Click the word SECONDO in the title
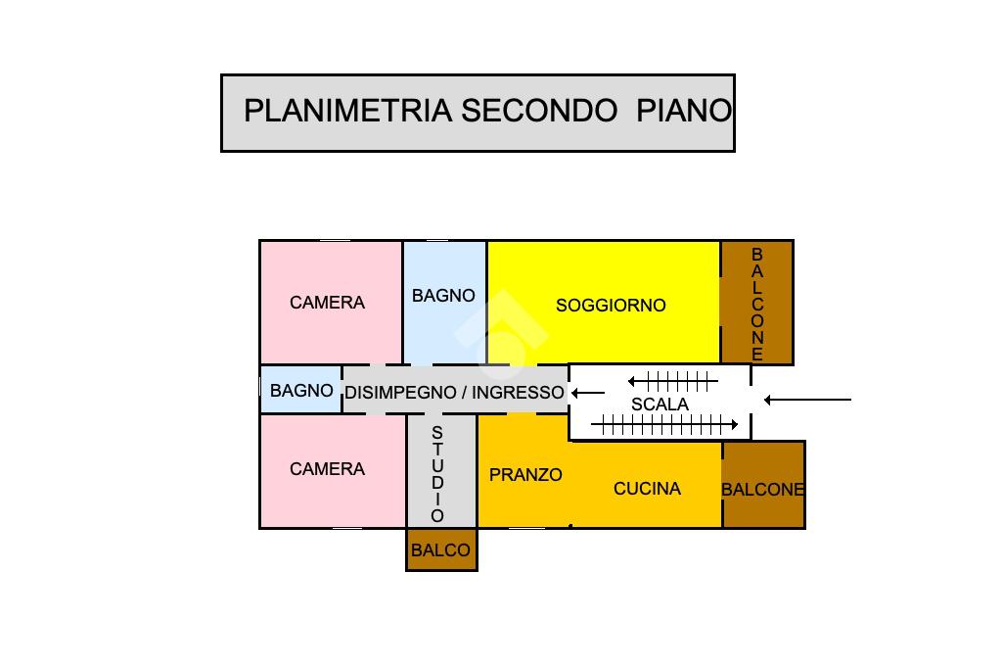coord(539,111)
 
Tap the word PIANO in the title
coord(683,111)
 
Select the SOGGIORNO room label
coord(611,306)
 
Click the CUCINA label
coord(647,489)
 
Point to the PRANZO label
coord(525,475)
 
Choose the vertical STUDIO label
coord(437,474)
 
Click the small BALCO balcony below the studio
coord(440,550)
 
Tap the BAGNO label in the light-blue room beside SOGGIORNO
coord(443,296)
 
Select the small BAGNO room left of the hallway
coord(301,391)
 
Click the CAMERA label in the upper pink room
coord(327,304)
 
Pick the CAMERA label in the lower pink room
coord(327,470)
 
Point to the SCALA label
coord(660,405)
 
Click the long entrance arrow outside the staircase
coord(807,400)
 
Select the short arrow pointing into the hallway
coord(587,393)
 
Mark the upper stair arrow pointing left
coord(673,381)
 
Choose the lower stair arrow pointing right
coord(664,425)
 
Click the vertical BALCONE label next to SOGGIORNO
coord(757,304)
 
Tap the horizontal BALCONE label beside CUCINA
coord(762,490)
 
